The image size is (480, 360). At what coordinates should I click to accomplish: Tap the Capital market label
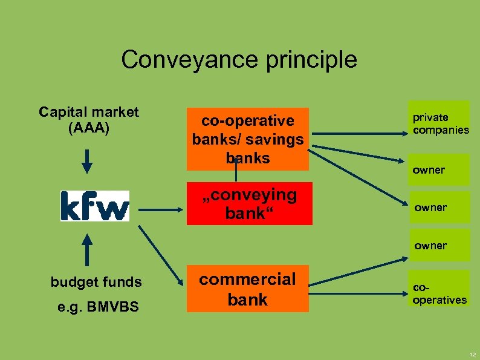(x=89, y=112)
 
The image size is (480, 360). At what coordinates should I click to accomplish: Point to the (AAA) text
(x=89, y=128)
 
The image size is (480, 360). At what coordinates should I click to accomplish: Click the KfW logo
(x=94, y=206)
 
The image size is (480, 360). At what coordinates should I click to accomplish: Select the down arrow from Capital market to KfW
(x=88, y=160)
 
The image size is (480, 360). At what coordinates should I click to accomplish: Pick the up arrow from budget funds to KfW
(x=88, y=251)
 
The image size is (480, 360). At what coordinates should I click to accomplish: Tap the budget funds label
(x=96, y=282)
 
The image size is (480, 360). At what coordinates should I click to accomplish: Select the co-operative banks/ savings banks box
(x=247, y=139)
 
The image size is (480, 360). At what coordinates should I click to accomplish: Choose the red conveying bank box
(x=249, y=204)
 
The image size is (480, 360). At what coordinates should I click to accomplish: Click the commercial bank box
(x=247, y=289)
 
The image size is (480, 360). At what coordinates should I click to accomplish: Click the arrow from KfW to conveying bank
(x=160, y=210)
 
